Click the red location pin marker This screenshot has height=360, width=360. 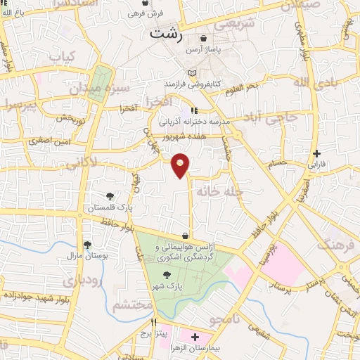point(181,165)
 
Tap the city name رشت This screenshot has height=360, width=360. point(166,32)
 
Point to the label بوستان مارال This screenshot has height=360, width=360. point(89,256)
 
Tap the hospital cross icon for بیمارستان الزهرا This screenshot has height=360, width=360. point(195,337)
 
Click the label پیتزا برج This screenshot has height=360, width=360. point(153,334)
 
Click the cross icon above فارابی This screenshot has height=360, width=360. point(317,153)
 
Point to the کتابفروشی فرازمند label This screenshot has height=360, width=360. point(193,84)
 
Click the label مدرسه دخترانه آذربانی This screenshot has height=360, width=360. point(195,121)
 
